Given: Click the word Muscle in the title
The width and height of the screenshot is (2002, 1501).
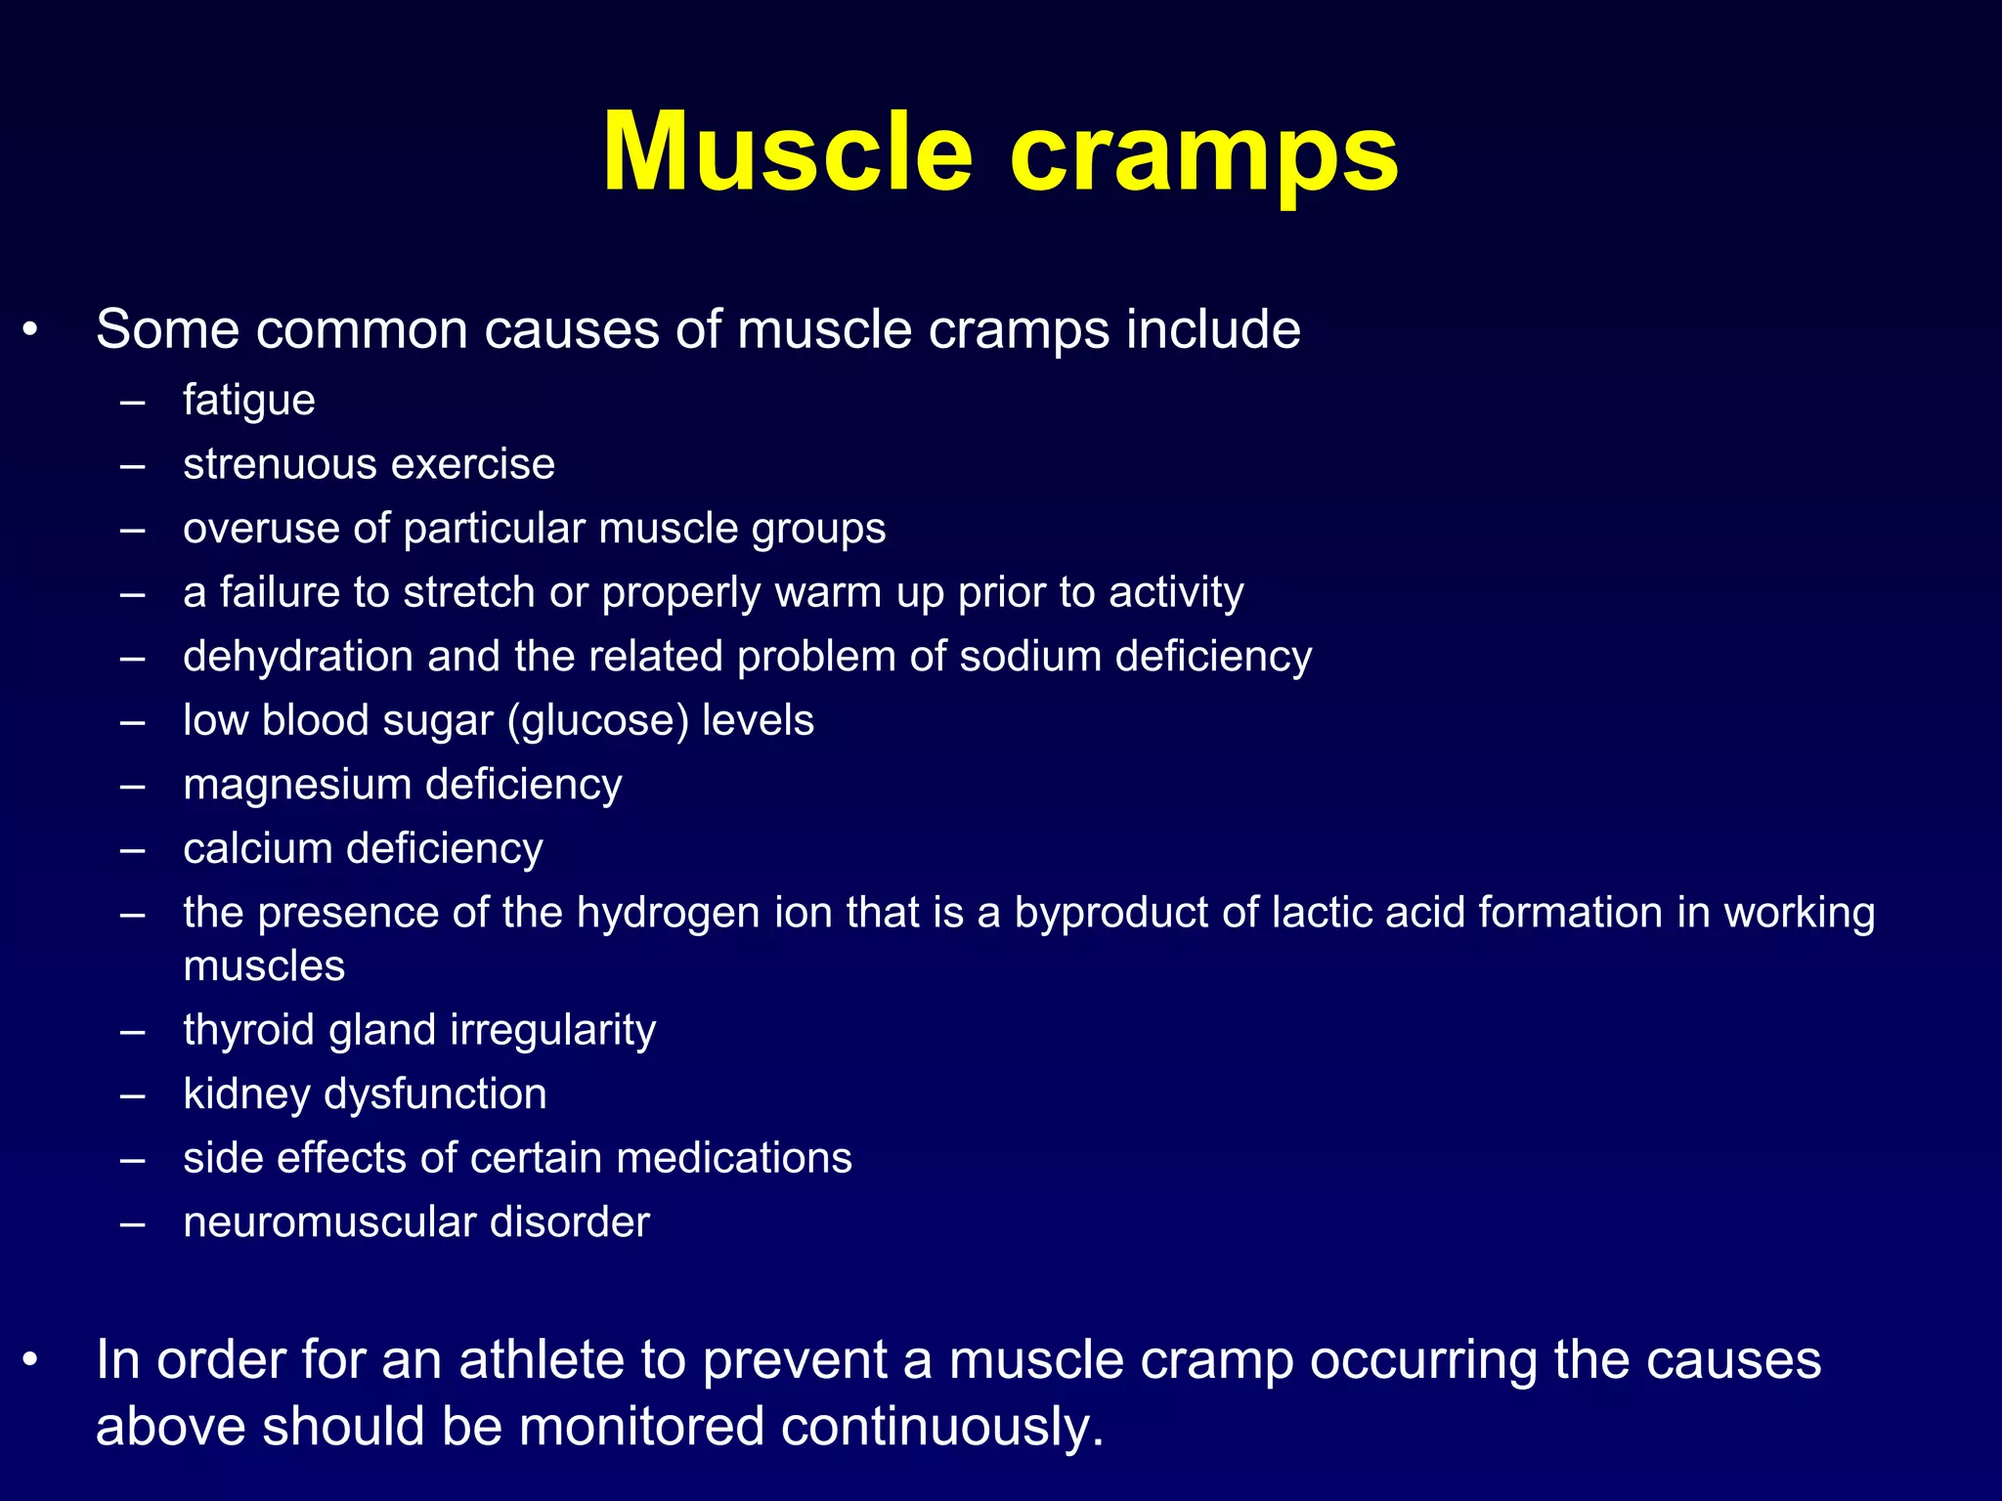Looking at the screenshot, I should pyautogui.click(x=787, y=153).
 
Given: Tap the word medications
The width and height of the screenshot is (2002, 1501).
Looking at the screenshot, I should pyautogui.click(x=734, y=1158).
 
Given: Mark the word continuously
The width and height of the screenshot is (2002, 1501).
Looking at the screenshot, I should pyautogui.click(x=941, y=1427).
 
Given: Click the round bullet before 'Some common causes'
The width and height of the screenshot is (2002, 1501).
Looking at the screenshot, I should pyautogui.click(x=31, y=330).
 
